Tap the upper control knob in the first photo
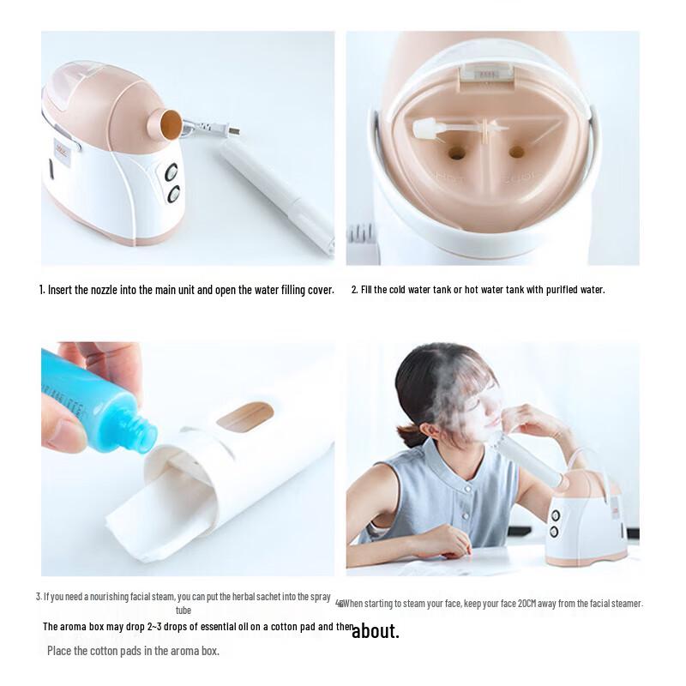pos(172,172)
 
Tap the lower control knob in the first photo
pos(173,195)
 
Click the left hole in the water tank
pos(457,153)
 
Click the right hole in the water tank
pos(516,152)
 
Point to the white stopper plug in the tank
pos(429,129)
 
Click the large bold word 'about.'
pos(376,631)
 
